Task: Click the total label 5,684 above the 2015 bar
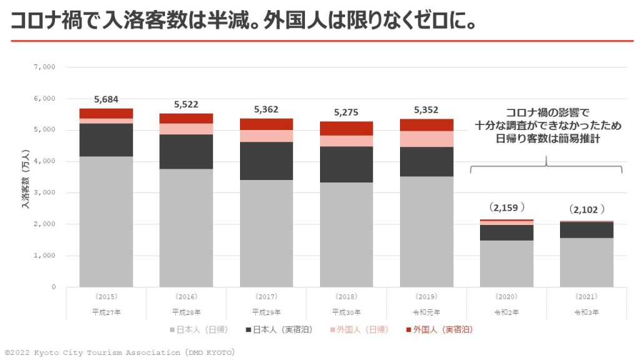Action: [x=106, y=99]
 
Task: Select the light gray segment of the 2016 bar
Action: [x=186, y=227]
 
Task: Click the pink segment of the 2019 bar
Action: [x=426, y=139]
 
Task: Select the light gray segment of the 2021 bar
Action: [x=586, y=262]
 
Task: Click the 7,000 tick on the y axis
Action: [x=47, y=67]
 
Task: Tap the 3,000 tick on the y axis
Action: [x=47, y=192]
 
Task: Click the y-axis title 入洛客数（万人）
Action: [x=26, y=177]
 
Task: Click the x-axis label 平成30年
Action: [x=346, y=312]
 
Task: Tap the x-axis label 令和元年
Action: [x=426, y=312]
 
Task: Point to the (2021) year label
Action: [x=586, y=296]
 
